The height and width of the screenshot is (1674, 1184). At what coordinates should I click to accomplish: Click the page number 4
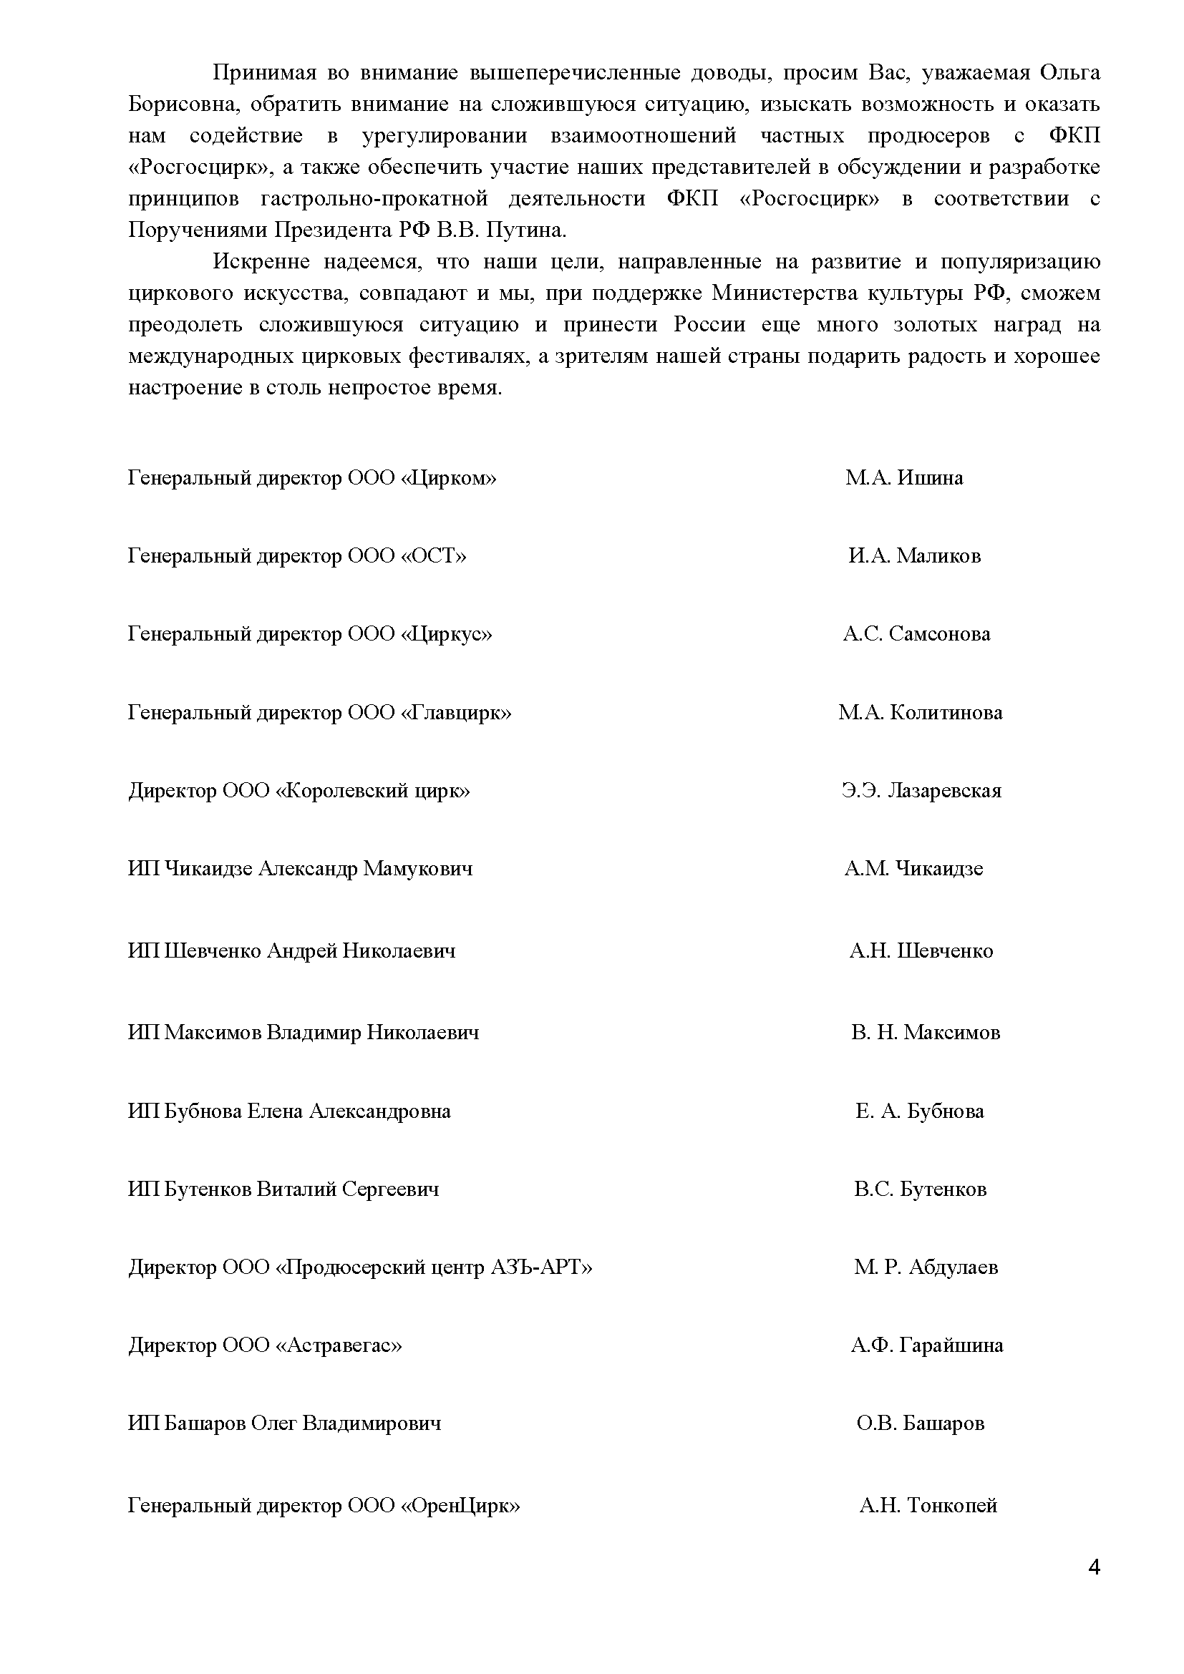point(1093,1567)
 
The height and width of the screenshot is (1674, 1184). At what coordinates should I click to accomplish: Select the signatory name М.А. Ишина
point(904,478)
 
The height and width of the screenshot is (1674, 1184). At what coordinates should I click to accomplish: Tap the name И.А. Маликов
point(914,556)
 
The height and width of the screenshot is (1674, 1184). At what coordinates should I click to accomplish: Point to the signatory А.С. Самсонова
point(916,634)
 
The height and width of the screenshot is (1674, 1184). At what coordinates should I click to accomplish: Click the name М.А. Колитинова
point(920,712)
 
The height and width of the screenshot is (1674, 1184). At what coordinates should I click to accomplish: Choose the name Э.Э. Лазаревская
point(921,791)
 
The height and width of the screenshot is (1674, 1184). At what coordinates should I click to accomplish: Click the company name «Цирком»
point(448,479)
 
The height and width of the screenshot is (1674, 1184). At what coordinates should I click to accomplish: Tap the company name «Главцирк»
point(457,713)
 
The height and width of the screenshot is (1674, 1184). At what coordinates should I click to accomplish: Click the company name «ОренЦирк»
point(461,1506)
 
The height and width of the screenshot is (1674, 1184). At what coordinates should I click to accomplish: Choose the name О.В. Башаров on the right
point(920,1424)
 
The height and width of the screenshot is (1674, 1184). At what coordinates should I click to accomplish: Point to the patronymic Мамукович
point(417,869)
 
